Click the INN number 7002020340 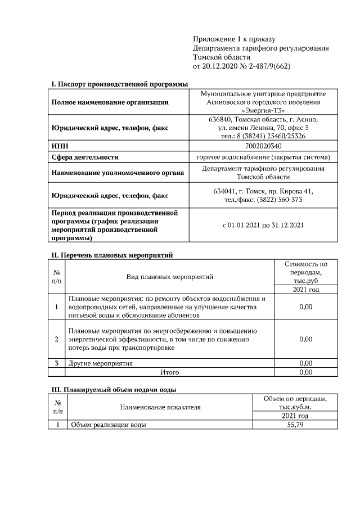pos(263,145)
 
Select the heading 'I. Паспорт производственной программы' pos(120,83)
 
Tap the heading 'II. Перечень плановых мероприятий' pos(112,255)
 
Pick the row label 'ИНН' pos(60,145)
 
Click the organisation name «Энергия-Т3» pos(263,111)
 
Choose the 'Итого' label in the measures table pos(170,372)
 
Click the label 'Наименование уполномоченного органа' pos(117,173)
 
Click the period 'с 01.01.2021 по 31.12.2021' pos(263,226)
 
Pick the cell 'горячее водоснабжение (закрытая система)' pos(263,157)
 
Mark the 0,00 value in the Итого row pos(305,372)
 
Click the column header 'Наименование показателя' pos(160,407)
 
